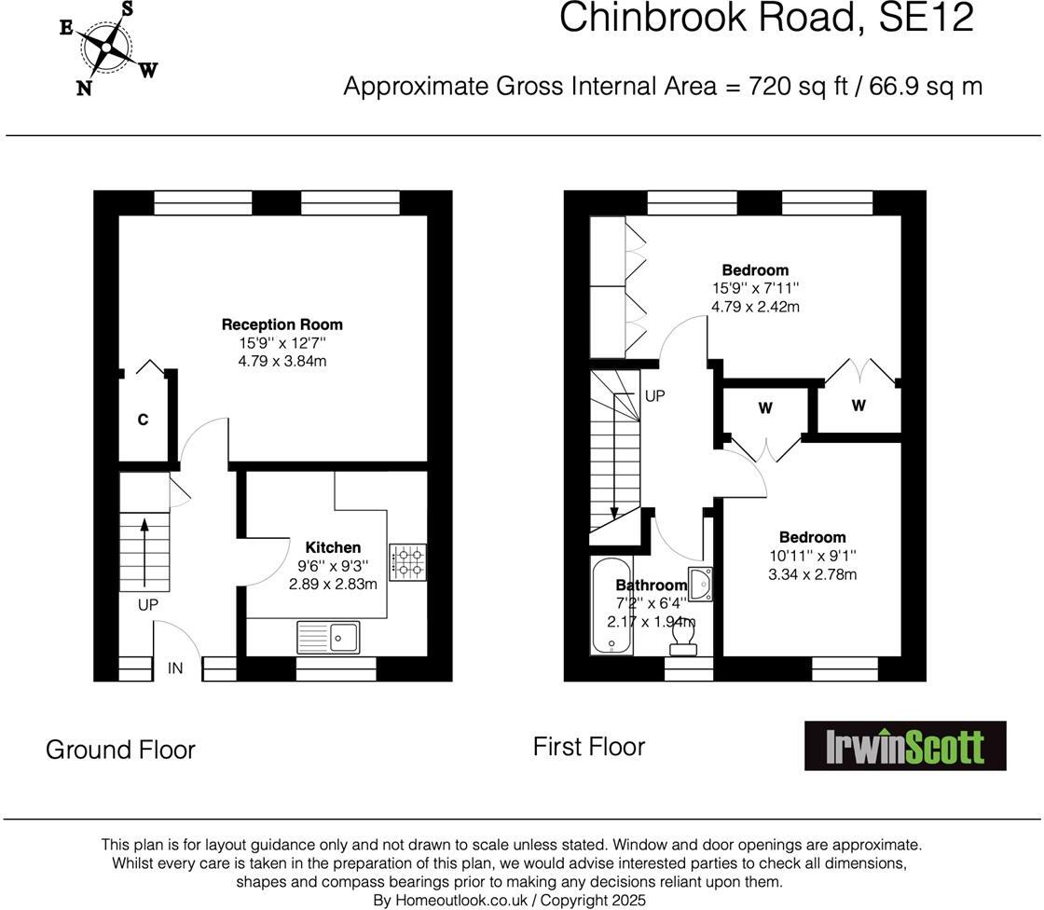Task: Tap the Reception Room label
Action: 282,324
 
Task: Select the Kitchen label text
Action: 333,547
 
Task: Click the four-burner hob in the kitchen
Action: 408,560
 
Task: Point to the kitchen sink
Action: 328,638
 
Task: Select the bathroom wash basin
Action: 702,582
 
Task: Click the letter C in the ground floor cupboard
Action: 143,421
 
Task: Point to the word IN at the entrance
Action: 175,668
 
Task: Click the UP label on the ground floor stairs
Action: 148,605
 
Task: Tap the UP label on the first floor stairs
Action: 654,396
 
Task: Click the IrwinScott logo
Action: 905,746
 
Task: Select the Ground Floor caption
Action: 120,750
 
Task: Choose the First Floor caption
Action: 588,746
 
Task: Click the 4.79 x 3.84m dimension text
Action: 282,361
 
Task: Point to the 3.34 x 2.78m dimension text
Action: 812,574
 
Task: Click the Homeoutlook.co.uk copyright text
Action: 509,900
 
